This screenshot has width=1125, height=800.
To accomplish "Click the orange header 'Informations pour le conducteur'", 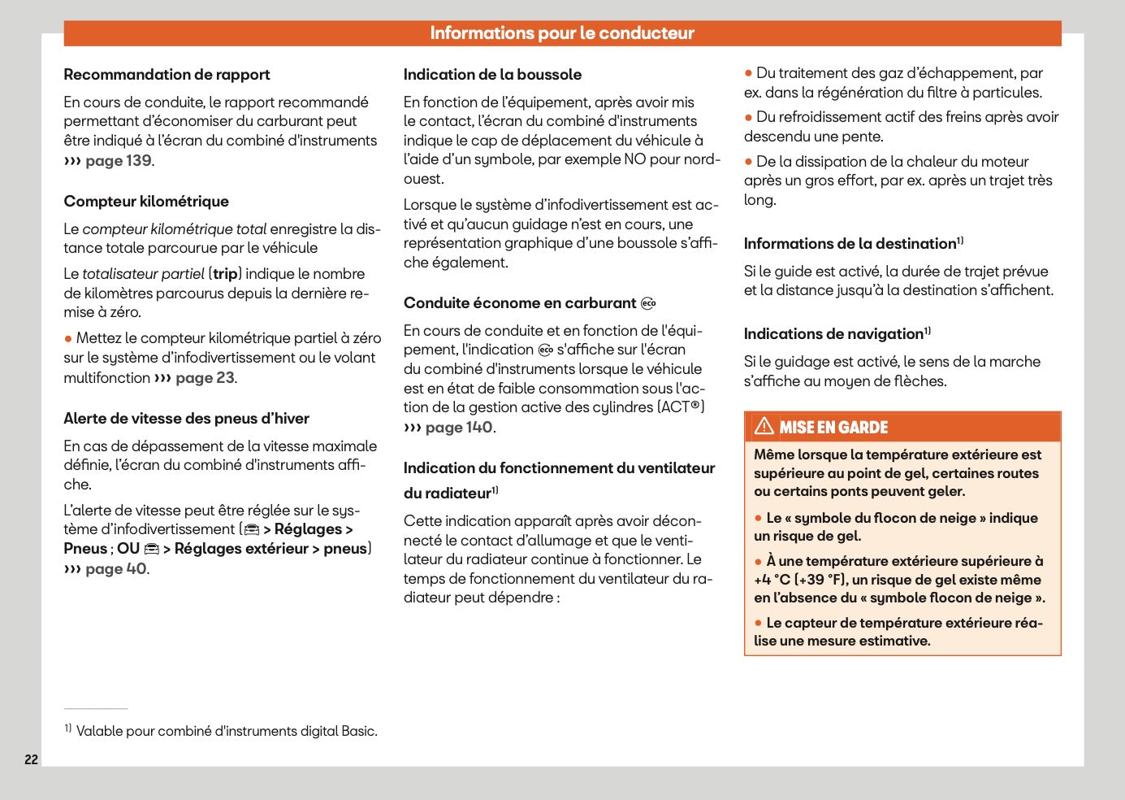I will pyautogui.click(x=562, y=33).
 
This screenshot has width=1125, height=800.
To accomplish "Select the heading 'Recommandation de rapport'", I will pyautogui.click(x=167, y=75).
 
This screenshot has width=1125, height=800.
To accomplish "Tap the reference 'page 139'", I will pyautogui.click(x=119, y=161).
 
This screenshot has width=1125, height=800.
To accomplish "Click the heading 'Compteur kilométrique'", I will pyautogui.click(x=146, y=202).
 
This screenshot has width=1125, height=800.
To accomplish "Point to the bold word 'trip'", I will pyautogui.click(x=225, y=274).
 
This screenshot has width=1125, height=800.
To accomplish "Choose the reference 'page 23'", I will pyautogui.click(x=205, y=378).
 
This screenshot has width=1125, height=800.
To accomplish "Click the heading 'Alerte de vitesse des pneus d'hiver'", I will pyautogui.click(x=186, y=419).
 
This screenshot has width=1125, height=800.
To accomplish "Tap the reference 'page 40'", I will pyautogui.click(x=116, y=569).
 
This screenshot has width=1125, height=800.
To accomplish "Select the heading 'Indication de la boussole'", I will pyautogui.click(x=492, y=75).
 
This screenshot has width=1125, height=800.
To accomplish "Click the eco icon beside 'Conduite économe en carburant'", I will pyautogui.click(x=648, y=304).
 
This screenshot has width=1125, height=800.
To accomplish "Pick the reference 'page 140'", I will pyautogui.click(x=458, y=428).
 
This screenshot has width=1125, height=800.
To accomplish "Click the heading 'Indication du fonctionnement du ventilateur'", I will pyautogui.click(x=559, y=468).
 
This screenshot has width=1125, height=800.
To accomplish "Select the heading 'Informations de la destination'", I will pyautogui.click(x=850, y=244).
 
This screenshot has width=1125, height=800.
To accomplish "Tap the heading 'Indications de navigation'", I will pyautogui.click(x=833, y=334).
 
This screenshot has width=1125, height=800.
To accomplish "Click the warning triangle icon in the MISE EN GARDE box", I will pyautogui.click(x=764, y=426).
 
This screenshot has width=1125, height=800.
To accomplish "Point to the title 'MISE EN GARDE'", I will pyautogui.click(x=833, y=428).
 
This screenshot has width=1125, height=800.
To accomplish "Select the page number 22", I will pyautogui.click(x=31, y=759).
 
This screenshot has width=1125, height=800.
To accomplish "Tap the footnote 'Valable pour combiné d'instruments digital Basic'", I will pyautogui.click(x=227, y=731).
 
